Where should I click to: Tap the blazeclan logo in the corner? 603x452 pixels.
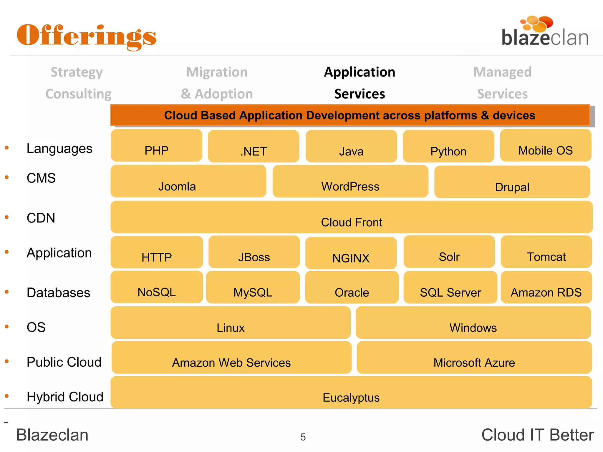coord(545,32)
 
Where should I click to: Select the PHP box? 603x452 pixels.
coord(156,146)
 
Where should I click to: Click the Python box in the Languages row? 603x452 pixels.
coord(448,147)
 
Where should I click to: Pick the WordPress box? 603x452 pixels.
coord(350,182)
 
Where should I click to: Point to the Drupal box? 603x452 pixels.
coord(512,182)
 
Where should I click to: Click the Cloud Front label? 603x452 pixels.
coord(352,222)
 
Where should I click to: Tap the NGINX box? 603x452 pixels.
coord(351,253)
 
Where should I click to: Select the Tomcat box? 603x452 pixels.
coord(546,252)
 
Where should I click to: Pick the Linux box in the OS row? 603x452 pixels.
coord(231,323)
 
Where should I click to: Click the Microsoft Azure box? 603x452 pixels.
coord(474,358)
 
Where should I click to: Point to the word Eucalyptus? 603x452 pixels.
coord(351,398)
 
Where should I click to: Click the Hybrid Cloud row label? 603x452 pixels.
coord(65,397)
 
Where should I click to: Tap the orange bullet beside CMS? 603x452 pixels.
coord(7,177)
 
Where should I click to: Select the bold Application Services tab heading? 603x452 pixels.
coord(360,83)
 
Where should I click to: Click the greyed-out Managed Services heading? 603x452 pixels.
coord(502,83)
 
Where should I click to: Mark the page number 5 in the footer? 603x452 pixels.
coord(303,437)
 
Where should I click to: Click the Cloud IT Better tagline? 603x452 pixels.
coord(537,435)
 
